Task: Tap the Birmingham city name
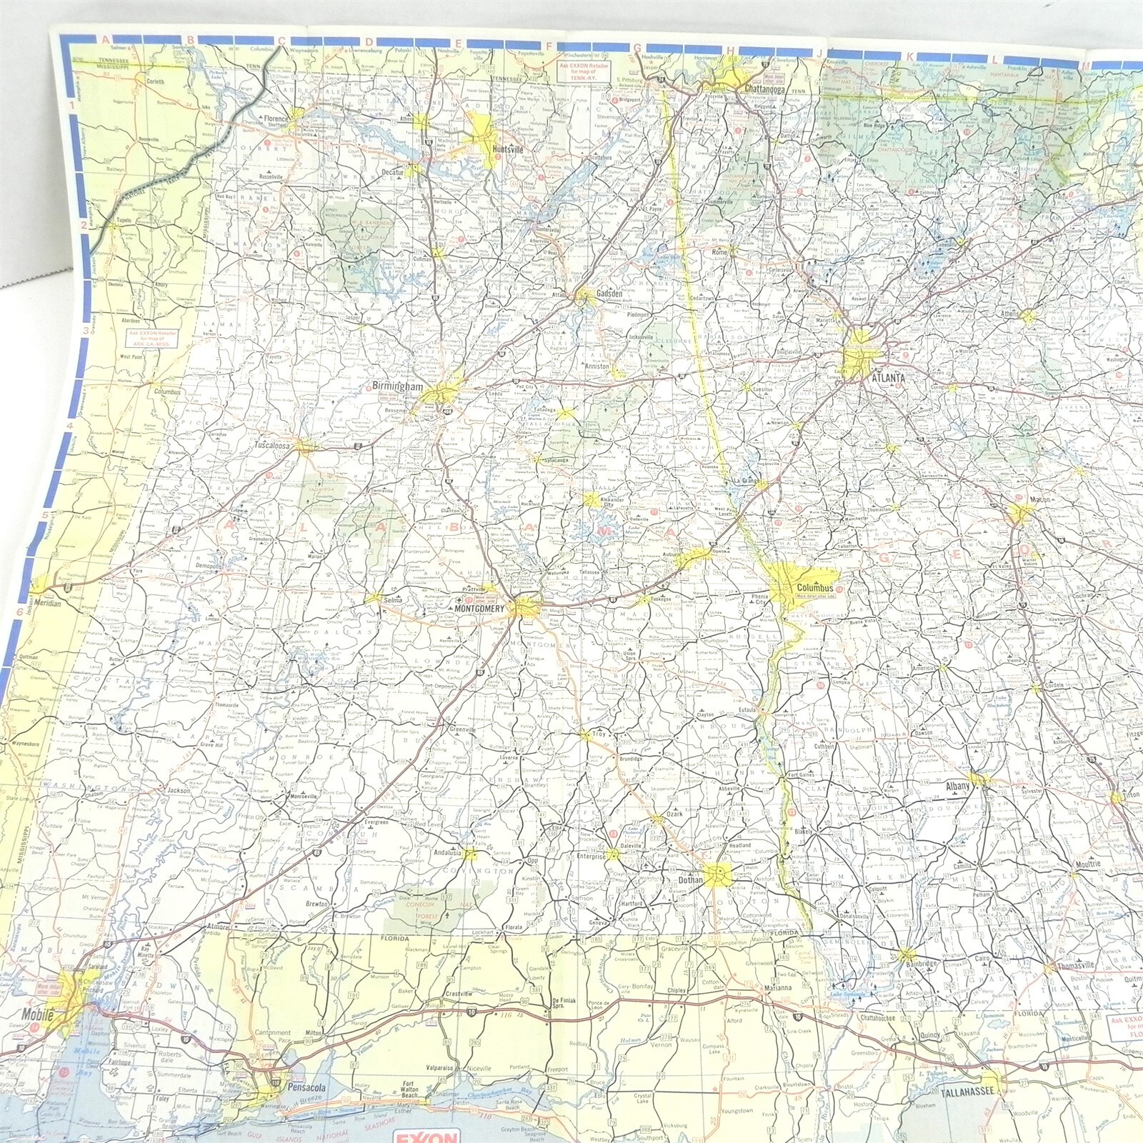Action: tap(394, 386)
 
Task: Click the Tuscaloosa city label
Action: tap(272, 446)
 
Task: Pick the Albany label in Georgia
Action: tap(958, 786)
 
